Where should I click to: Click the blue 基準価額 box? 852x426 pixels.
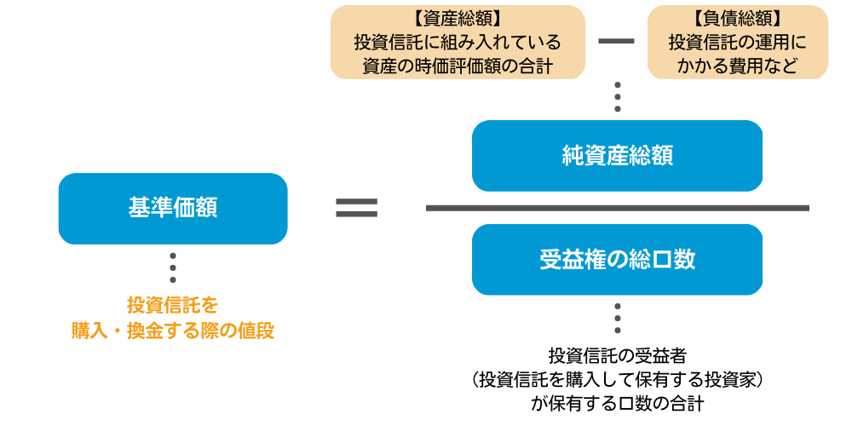pyautogui.click(x=173, y=209)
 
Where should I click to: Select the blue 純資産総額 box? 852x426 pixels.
pyautogui.click(x=617, y=156)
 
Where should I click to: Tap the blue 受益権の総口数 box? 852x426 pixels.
pyautogui.click(x=617, y=260)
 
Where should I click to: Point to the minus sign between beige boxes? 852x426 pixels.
pyautogui.click(x=617, y=42)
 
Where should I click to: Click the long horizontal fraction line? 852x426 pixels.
pyautogui.click(x=617, y=208)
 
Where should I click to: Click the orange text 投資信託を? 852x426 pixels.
pyautogui.click(x=173, y=305)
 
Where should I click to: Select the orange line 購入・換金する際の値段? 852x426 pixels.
pyautogui.click(x=173, y=331)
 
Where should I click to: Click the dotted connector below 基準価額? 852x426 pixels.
pyautogui.click(x=173, y=268)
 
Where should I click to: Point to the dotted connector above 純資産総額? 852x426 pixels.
pyautogui.click(x=617, y=97)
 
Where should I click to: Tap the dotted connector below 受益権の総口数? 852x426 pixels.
pyautogui.click(x=617, y=319)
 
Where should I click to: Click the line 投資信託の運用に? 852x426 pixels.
pyautogui.click(x=737, y=42)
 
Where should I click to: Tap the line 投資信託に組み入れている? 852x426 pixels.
pyautogui.click(x=458, y=42)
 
